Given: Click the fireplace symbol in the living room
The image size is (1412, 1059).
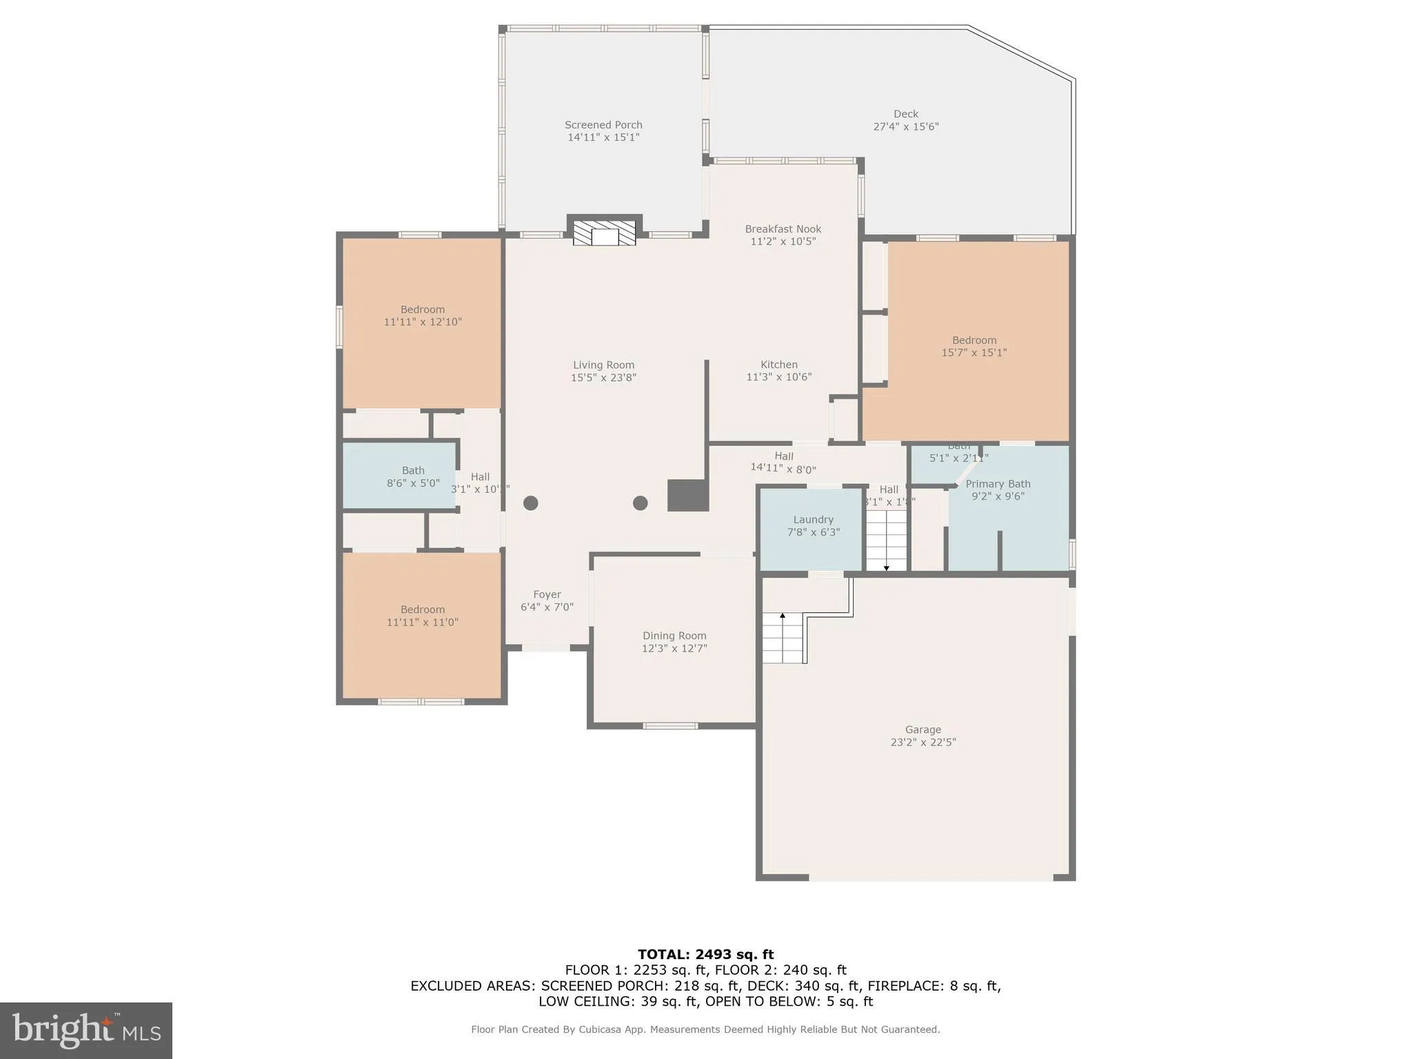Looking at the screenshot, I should click(605, 233).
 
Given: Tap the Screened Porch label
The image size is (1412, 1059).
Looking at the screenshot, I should click(603, 125).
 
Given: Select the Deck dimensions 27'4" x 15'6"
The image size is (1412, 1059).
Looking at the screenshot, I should click(906, 127).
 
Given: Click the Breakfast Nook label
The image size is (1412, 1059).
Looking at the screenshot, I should click(783, 229).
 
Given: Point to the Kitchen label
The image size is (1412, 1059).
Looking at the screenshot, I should click(778, 365).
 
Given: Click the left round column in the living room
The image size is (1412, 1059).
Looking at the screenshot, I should click(530, 503).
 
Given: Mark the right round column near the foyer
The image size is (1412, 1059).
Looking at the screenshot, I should click(640, 503).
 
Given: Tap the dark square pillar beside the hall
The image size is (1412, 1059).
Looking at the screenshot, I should click(687, 496).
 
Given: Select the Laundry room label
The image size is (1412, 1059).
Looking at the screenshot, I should click(813, 520).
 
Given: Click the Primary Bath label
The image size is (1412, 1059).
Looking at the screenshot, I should click(998, 484).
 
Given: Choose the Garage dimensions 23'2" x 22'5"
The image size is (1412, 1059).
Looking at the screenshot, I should click(922, 743).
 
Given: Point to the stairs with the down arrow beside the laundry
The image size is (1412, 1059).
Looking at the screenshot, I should click(886, 541).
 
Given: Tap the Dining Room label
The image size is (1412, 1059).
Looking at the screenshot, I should click(674, 636).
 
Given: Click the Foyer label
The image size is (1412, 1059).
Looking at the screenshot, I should click(547, 594).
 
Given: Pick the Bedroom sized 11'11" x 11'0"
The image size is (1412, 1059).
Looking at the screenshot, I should click(422, 616).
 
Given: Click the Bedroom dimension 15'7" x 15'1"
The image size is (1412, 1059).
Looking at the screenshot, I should click(974, 352).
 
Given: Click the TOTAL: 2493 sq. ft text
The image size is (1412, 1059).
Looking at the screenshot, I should click(705, 954).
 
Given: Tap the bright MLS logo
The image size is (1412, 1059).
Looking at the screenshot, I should click(86, 1030).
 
